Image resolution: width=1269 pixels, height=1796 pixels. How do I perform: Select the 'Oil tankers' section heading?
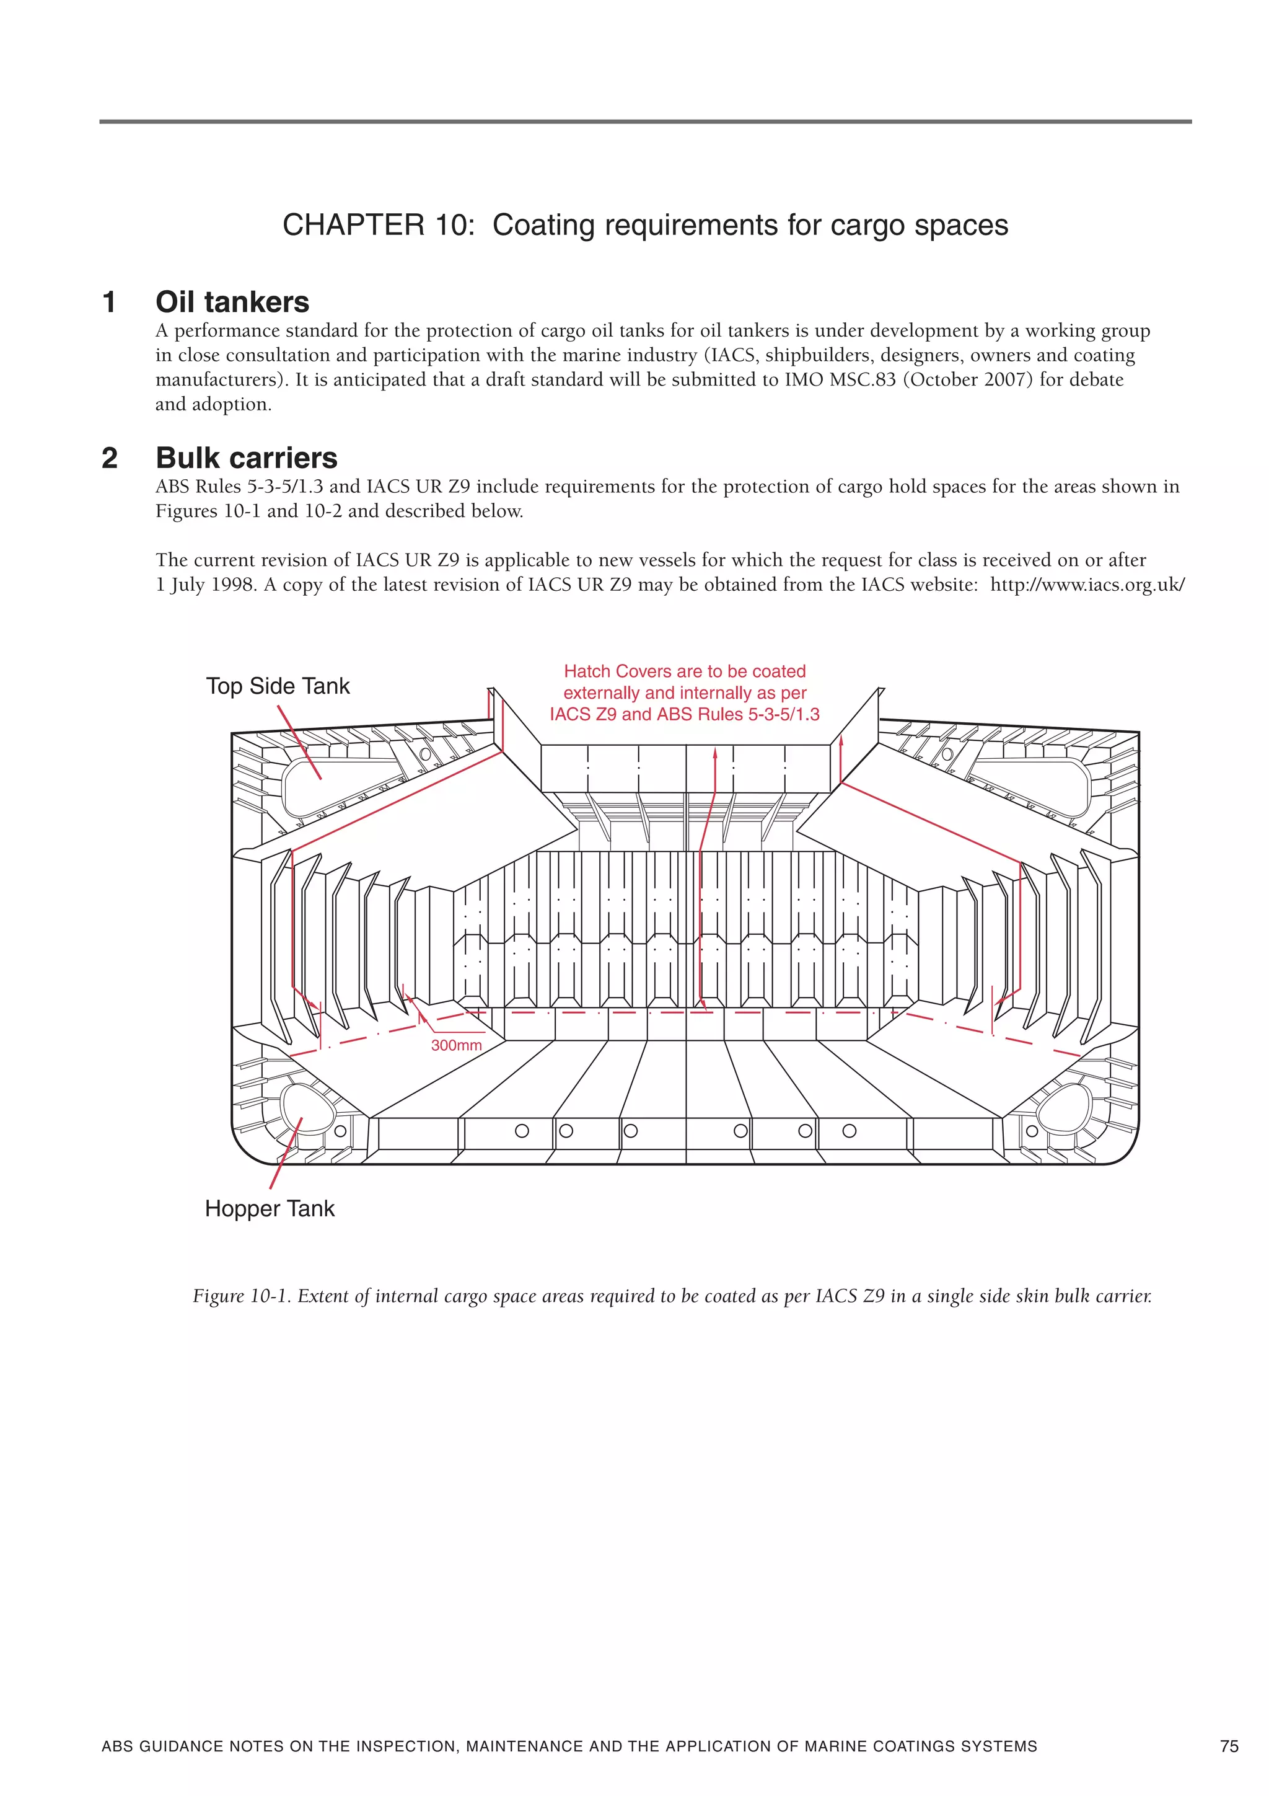(x=232, y=302)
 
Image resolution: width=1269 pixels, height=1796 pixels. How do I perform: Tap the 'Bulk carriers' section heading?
(x=246, y=458)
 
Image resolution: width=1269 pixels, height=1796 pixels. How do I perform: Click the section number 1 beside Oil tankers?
(x=110, y=302)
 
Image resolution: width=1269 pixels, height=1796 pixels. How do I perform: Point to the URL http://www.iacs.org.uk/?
(x=1087, y=585)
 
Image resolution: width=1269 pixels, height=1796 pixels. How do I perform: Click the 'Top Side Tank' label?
(x=278, y=686)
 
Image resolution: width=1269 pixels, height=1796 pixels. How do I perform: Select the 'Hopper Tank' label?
(x=269, y=1208)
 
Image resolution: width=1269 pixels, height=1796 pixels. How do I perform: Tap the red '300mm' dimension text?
(x=457, y=1045)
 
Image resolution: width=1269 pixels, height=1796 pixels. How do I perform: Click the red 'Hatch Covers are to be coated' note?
(x=684, y=671)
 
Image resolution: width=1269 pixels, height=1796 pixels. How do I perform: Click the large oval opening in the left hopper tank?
(x=304, y=1107)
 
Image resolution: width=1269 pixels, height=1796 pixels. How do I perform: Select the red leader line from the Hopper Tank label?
(x=286, y=1154)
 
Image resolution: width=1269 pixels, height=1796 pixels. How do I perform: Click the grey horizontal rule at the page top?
(x=645, y=122)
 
